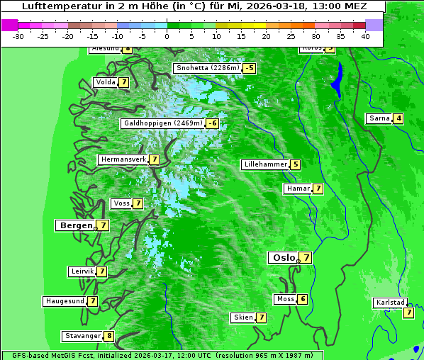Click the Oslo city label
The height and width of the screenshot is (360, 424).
282,258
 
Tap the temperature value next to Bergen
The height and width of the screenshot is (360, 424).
104,225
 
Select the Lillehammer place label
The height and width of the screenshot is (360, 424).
265,164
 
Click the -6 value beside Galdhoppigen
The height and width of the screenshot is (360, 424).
213,123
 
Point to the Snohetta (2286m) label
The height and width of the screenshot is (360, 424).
207,69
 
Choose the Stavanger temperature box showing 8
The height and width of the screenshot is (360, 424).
109,336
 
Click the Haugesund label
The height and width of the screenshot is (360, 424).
65,301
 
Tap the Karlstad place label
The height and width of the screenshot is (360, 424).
390,303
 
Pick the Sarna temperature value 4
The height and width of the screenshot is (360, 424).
398,118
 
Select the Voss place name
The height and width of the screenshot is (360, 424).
121,203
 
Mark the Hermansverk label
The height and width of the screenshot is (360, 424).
123,159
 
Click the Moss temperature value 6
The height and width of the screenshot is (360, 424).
303,299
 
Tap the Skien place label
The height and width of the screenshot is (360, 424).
242,317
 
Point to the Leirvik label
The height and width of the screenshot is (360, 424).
82,271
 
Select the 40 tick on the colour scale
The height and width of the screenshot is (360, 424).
365,36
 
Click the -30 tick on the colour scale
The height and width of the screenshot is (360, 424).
18,36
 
